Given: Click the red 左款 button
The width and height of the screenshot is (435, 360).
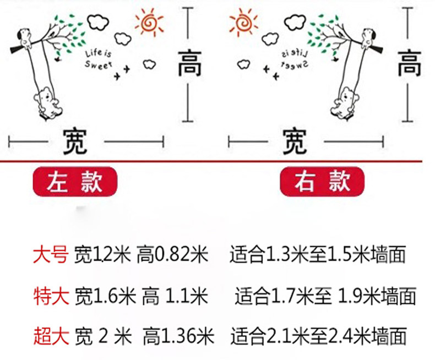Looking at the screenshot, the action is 75,182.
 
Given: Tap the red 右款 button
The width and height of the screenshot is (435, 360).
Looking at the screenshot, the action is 315,182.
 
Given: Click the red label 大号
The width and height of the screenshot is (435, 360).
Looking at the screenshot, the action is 50,255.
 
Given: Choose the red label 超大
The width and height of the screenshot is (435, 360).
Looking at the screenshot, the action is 50,336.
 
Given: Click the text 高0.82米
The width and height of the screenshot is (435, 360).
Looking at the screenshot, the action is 174,255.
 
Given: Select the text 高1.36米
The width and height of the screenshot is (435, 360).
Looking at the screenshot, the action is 178,336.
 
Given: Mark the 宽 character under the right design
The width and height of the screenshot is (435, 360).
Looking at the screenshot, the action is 295,141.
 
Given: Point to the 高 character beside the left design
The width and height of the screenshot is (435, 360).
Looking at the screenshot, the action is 189,63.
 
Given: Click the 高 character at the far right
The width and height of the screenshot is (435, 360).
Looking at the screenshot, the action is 409,63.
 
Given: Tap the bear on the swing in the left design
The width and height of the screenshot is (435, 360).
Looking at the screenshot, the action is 50,102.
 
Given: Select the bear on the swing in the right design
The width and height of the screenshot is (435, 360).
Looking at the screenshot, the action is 345,102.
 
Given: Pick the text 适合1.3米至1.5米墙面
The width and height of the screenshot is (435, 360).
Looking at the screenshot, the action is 318,255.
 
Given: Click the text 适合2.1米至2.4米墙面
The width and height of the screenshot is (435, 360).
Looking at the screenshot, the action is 319,336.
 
